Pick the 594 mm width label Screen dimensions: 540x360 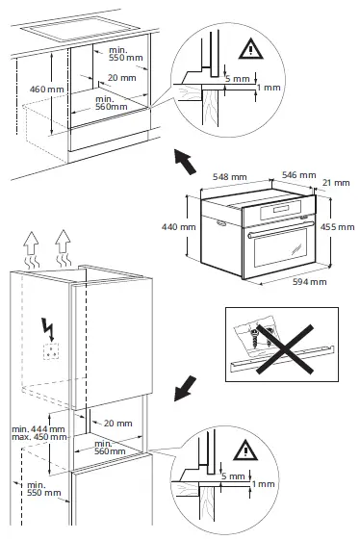point(310,282)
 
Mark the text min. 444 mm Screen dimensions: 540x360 point(31,426)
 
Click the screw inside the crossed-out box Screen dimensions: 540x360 point(253,338)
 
